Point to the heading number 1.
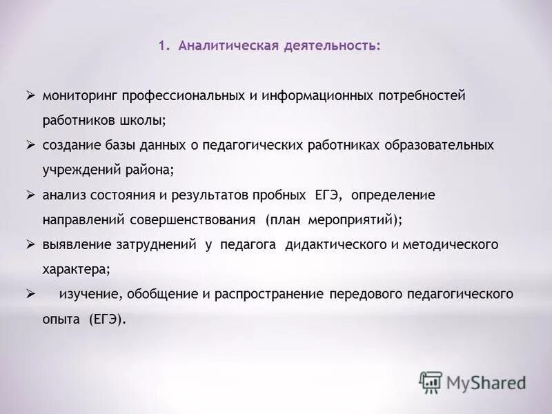[162, 46]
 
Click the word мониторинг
[77, 96]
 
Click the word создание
[69, 146]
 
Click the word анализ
[63, 195]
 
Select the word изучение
[90, 295]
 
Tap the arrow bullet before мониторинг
[30, 95]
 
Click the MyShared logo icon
[431, 382]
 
